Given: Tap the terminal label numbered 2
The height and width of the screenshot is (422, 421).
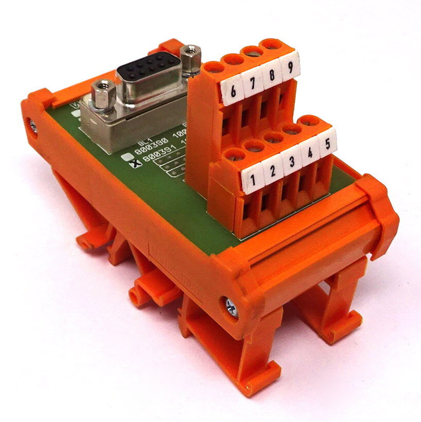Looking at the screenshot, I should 272,171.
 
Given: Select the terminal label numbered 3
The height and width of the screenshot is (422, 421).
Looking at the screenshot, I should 291,161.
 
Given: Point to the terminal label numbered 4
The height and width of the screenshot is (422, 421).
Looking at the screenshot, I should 310,152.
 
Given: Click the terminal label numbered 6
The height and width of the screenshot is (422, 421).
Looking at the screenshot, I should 233,90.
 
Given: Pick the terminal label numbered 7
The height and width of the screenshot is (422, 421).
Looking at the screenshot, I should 253,82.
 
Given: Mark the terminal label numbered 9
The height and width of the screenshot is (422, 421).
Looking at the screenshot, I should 290,67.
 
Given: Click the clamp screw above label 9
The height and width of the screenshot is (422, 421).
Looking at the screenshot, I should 270,45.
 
